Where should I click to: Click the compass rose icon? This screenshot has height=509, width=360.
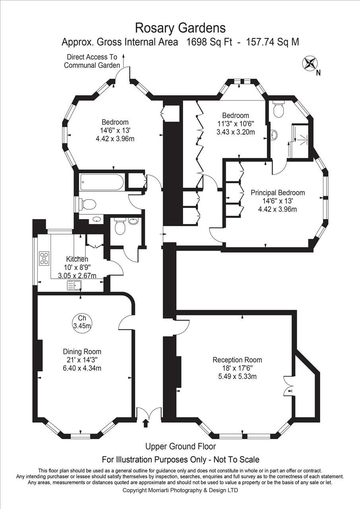coord(310,63)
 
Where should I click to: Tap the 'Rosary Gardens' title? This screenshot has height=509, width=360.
coord(181,28)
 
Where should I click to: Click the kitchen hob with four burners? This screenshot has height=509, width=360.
coord(44,258)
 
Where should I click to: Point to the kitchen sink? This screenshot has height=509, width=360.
coord(74,286)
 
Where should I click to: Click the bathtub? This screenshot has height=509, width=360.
coord(101,183)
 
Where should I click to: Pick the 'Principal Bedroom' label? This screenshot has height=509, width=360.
coord(278,193)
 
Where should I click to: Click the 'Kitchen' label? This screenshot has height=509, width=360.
coord(77,259)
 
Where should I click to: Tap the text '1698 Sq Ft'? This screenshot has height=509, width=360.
coord(209,42)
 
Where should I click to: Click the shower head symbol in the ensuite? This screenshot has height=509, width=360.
coord(304,138)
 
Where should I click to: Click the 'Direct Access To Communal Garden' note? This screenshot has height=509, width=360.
coord(92,61)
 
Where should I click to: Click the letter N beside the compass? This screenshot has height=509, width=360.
coord(318,73)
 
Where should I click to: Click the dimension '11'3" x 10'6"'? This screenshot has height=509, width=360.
coord(235,124)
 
